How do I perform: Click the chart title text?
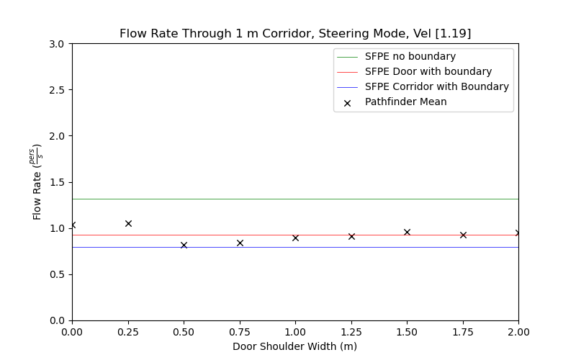[295, 34]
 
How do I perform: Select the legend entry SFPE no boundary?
[410, 56]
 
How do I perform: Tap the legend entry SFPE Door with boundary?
[428, 71]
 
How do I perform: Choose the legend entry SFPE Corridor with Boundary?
[436, 86]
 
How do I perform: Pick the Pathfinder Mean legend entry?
[405, 102]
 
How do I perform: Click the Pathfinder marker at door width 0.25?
[128, 223]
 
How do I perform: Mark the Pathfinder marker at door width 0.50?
[184, 245]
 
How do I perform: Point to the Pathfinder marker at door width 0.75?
[240, 243]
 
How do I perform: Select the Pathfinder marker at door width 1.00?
[295, 238]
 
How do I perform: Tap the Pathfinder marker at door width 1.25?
[351, 236]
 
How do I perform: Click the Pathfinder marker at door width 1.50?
[407, 232]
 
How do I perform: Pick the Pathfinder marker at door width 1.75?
[463, 235]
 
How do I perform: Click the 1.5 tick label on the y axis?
[58, 182]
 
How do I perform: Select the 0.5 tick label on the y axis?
[58, 274]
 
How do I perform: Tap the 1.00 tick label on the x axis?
[295, 332]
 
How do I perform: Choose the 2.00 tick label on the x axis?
[518, 332]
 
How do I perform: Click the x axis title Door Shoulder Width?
[295, 346]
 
